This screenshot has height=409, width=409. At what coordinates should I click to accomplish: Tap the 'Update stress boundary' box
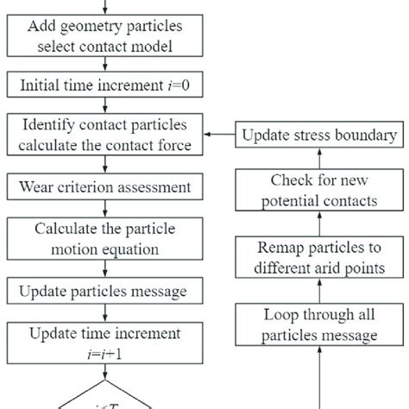pyautogui.click(x=320, y=135)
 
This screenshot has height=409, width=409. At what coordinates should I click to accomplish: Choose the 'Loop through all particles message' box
pyautogui.click(x=320, y=325)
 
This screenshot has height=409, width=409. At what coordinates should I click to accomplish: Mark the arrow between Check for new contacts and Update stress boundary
pyautogui.click(x=321, y=158)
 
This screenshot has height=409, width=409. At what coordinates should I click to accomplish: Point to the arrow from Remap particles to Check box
pyautogui.click(x=321, y=223)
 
